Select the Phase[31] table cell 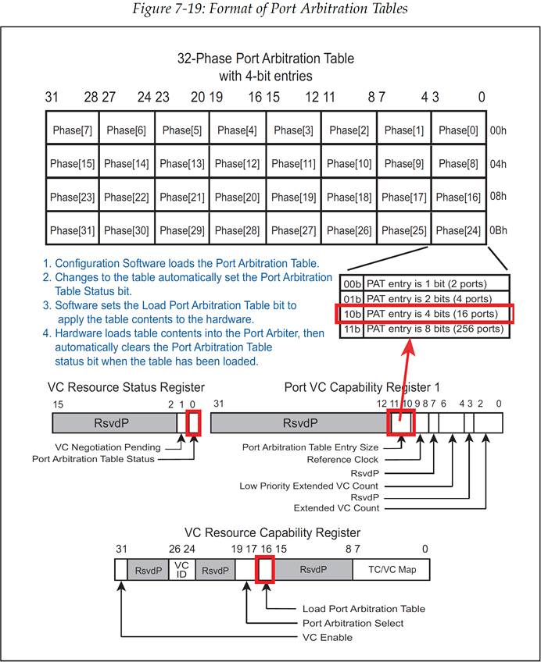click(x=72, y=231)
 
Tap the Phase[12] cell click(x=238, y=164)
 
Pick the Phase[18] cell click(x=349, y=198)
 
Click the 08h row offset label click(x=499, y=198)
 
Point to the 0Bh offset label click(x=499, y=231)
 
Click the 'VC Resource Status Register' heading click(x=126, y=387)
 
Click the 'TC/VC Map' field click(x=397, y=570)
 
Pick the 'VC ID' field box click(x=181, y=570)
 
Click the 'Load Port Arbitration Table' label click(x=364, y=609)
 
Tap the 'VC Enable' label click(x=327, y=638)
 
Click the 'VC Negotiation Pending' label click(x=108, y=447)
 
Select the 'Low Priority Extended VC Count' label click(x=310, y=486)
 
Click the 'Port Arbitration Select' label click(x=353, y=623)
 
